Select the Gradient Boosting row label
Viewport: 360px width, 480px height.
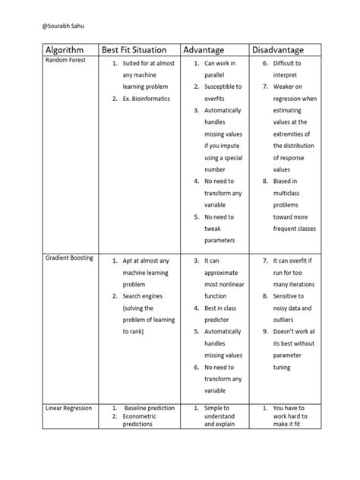click(69, 258)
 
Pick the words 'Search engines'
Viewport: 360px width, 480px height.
click(145, 296)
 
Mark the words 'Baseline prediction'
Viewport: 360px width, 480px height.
click(152, 408)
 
